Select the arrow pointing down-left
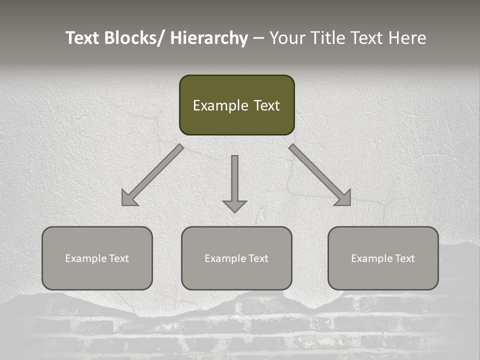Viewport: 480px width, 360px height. tap(152, 175)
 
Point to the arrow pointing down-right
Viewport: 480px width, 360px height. tap(320, 175)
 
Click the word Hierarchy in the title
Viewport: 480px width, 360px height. tap(209, 38)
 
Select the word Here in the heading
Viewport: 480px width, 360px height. tap(407, 38)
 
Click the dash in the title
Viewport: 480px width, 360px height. tap(258, 38)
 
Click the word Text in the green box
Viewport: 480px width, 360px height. tap(266, 105)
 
